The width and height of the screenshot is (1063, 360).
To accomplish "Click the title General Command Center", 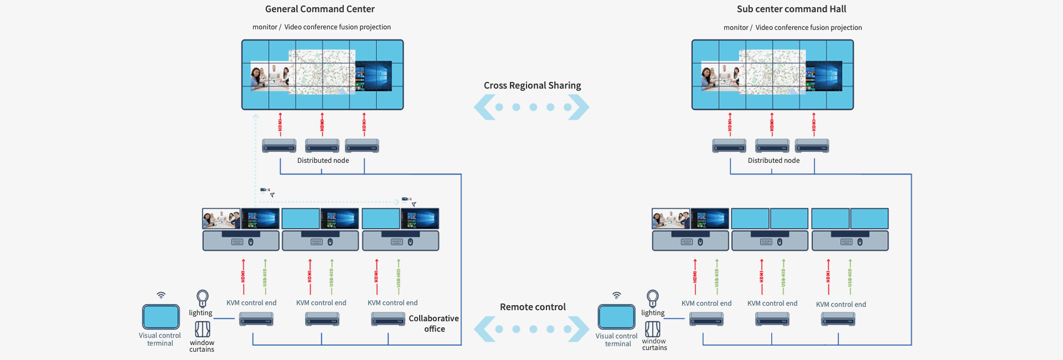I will click(x=319, y=9).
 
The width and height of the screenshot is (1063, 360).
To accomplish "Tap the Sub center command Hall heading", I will click(x=791, y=9).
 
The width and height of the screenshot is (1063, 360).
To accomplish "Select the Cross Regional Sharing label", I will click(x=532, y=85).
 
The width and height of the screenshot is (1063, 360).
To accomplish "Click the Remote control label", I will click(x=533, y=307).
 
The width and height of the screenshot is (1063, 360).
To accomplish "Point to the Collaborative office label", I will click(x=434, y=323).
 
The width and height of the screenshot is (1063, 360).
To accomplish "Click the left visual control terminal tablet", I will click(x=161, y=317).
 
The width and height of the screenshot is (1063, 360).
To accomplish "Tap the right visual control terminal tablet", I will click(x=616, y=317).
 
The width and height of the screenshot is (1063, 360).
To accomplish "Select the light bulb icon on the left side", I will click(x=203, y=298).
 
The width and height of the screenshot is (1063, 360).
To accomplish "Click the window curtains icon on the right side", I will click(x=653, y=329).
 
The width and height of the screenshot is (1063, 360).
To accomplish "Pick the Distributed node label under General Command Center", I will click(x=323, y=161).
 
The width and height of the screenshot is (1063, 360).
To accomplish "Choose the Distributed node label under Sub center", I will click(x=773, y=161).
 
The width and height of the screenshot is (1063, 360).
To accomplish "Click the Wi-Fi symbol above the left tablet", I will click(x=161, y=295).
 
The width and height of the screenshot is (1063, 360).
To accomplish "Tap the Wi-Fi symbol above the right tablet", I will click(x=616, y=295).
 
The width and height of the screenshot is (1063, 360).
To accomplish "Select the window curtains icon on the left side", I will click(x=203, y=330).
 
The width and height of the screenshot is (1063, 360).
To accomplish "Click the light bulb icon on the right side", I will click(x=653, y=298).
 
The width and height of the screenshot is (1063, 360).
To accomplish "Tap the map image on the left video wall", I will click(x=322, y=72).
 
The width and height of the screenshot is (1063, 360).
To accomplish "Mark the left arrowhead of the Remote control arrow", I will click(x=484, y=329).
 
